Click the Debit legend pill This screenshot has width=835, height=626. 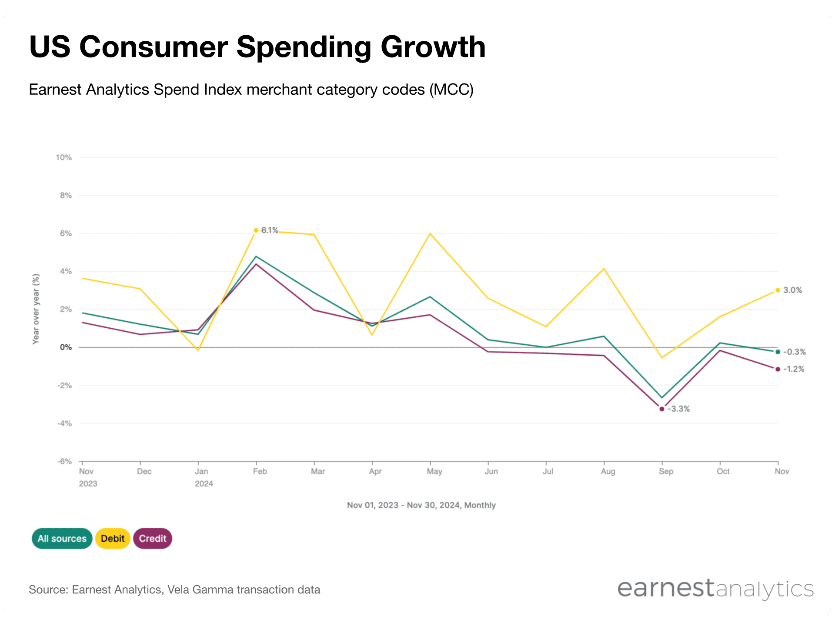point(113,539)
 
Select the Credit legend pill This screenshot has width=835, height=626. point(153,539)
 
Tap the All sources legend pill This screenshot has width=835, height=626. point(62,539)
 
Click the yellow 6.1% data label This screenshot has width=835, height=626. point(269,230)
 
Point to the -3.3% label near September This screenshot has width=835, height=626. point(678,409)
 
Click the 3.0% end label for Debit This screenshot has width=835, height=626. point(792,290)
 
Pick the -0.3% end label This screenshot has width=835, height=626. point(794,352)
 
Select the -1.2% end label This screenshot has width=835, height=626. point(794,369)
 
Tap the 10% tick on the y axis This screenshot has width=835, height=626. point(63,157)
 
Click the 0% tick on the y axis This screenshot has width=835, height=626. point(66,347)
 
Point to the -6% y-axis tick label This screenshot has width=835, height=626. point(64,461)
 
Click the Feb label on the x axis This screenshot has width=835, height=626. point(260,472)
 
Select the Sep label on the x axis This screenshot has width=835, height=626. point(666,472)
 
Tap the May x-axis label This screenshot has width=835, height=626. point(434,472)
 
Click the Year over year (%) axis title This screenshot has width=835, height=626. point(36,309)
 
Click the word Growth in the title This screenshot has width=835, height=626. point(433,47)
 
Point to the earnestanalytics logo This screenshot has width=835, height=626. point(715,589)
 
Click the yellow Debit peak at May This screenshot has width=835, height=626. point(430,233)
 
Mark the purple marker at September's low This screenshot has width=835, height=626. point(662,409)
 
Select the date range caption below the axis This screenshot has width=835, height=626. point(421,505)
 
